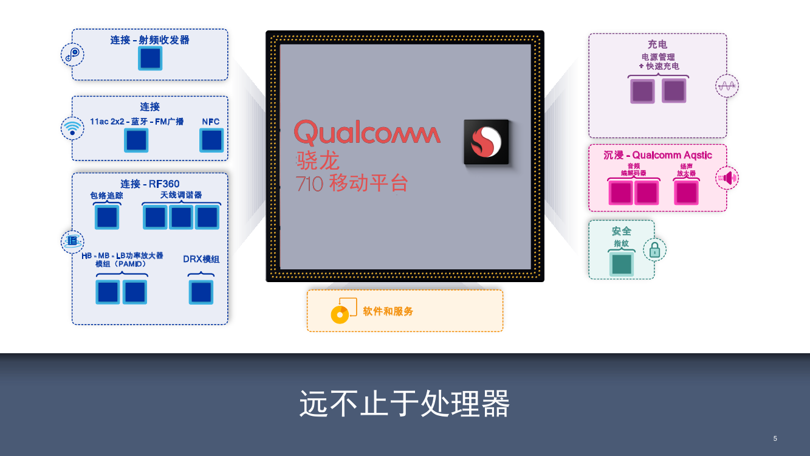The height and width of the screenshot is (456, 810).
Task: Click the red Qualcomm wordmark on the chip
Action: click(x=367, y=132)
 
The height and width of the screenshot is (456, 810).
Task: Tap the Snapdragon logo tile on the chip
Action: click(x=486, y=142)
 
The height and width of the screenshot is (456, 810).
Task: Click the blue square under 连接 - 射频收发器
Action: click(x=150, y=58)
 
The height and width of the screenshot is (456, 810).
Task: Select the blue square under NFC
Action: click(x=211, y=140)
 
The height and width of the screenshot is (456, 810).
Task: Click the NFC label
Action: click(x=211, y=122)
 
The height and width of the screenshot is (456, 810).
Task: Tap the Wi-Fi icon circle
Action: click(x=72, y=128)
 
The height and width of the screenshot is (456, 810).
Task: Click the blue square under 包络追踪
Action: click(x=107, y=218)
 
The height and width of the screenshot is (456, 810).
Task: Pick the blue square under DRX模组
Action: click(x=201, y=292)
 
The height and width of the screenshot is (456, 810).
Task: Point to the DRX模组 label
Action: click(x=201, y=259)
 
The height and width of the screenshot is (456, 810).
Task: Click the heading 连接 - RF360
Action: click(x=150, y=184)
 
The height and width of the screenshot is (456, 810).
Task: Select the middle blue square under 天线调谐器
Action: click(x=181, y=217)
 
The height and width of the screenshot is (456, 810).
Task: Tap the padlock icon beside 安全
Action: click(x=654, y=249)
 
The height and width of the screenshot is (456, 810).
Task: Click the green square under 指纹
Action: click(x=622, y=264)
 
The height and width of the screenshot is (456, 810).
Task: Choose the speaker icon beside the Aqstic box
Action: click(x=727, y=178)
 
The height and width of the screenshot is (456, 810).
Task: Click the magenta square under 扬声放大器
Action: click(x=687, y=193)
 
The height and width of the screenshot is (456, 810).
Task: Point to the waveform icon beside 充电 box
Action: click(x=727, y=86)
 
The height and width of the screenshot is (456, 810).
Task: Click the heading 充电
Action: click(x=657, y=44)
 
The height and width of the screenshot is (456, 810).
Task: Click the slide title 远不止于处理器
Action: click(x=405, y=404)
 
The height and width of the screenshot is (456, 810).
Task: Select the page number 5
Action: click(x=775, y=438)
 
